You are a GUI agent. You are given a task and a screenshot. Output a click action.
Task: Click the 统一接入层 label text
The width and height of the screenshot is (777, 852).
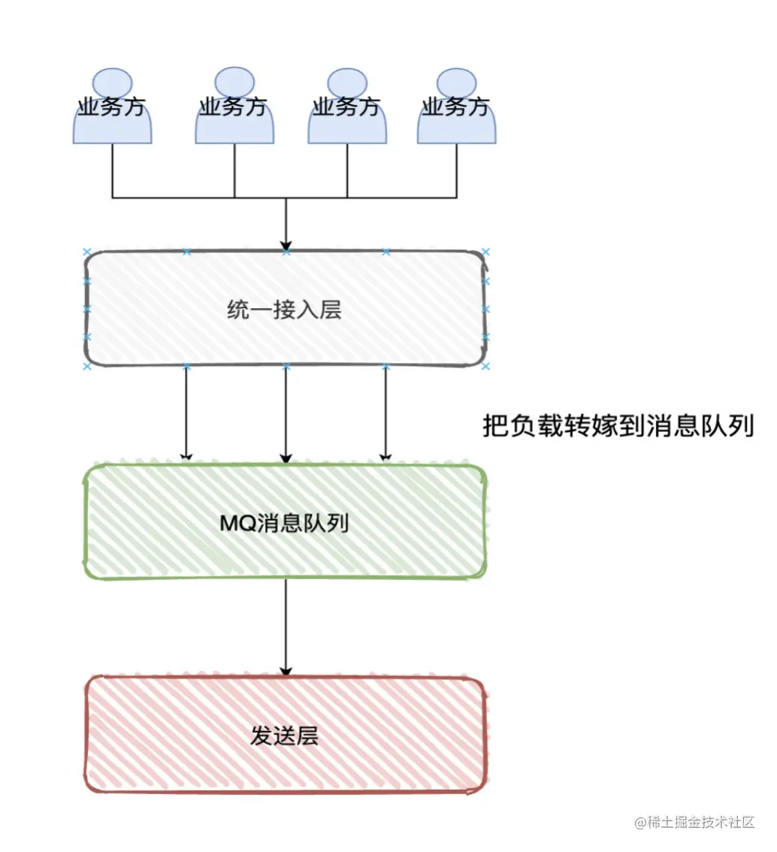click(x=284, y=310)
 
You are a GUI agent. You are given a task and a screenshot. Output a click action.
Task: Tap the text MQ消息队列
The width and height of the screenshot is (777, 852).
click(x=284, y=523)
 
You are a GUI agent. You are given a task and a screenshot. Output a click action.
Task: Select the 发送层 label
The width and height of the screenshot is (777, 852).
click(x=284, y=736)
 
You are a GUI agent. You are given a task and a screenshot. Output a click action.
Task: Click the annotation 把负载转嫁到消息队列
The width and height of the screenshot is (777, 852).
click(x=617, y=426)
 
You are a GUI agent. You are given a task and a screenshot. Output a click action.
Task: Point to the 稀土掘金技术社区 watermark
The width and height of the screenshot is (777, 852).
click(x=694, y=823)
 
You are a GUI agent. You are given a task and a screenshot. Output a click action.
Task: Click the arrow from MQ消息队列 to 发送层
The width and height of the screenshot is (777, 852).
click(x=286, y=627)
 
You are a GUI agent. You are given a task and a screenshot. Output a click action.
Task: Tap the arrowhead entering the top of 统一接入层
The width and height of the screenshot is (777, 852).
click(x=286, y=245)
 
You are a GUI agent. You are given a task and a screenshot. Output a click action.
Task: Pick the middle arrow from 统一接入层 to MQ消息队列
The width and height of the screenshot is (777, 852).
click(x=286, y=413)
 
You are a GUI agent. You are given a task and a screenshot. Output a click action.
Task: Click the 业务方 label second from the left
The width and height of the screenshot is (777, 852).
click(x=234, y=107)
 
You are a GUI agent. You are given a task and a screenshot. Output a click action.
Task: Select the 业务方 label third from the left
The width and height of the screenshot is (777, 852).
click(x=346, y=107)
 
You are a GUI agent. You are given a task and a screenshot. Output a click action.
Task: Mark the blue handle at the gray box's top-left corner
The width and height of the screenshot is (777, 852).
click(x=86, y=252)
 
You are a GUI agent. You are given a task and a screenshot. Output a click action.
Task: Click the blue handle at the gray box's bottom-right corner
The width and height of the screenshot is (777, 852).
click(x=485, y=366)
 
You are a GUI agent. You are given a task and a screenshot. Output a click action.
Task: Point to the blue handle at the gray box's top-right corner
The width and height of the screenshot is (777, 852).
click(x=485, y=252)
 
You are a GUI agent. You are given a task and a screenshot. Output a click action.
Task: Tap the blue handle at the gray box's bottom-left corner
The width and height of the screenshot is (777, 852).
click(x=86, y=366)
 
